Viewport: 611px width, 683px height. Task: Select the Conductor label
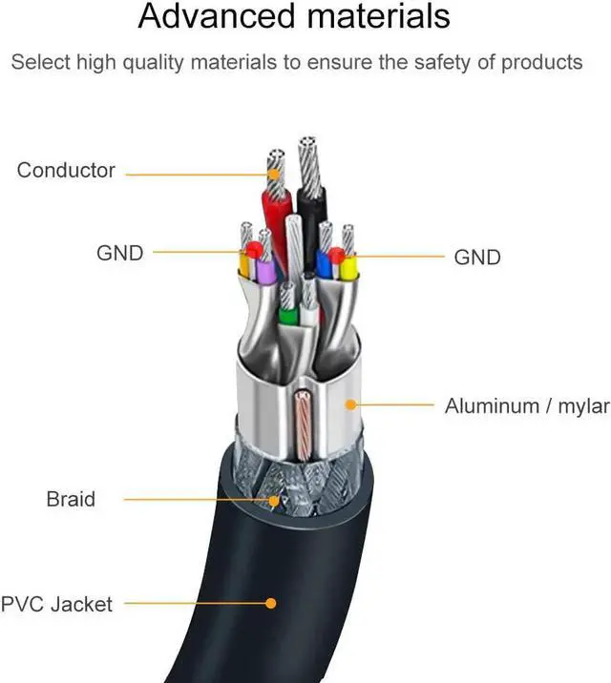point(66,172)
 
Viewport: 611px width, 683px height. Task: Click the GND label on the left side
point(119,253)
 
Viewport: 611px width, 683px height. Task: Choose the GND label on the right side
point(476,257)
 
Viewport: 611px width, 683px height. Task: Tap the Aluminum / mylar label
point(526,406)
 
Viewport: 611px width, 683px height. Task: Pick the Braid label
point(71,499)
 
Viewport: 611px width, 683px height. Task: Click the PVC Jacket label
point(56,604)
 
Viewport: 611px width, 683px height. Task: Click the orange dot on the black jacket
point(271,603)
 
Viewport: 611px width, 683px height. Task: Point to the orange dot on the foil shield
point(351,404)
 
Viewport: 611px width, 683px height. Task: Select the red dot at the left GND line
point(253,251)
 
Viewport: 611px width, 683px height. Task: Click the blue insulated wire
point(325,264)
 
